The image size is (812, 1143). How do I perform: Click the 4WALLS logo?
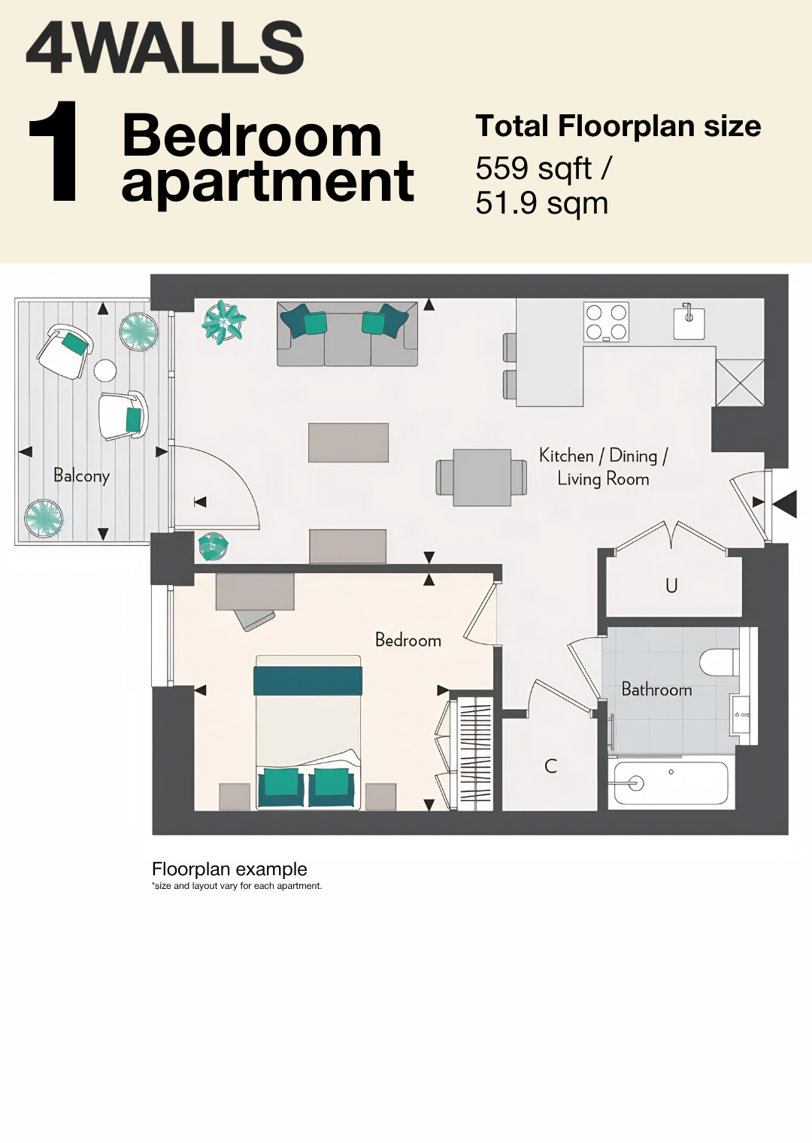point(165,47)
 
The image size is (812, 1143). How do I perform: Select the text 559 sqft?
point(534,169)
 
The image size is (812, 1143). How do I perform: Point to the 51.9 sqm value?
point(541,204)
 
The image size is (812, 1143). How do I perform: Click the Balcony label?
point(82,475)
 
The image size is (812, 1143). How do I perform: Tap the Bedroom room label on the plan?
point(408,640)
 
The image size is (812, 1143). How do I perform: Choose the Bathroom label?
point(656,690)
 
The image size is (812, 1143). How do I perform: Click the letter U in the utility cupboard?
point(671,586)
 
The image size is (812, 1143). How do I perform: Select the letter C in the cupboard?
point(550,766)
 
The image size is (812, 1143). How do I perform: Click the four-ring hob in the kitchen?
point(607,322)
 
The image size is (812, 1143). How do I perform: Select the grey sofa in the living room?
point(347,334)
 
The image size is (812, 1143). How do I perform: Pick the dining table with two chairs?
point(481,478)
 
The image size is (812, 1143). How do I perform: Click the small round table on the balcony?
point(105,371)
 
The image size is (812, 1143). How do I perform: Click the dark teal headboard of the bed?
point(308,681)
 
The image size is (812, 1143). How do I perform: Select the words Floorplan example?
point(229,869)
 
